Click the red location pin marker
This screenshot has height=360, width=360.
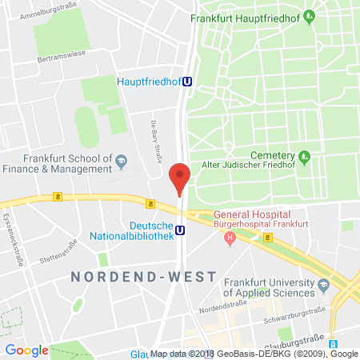click(x=181, y=176)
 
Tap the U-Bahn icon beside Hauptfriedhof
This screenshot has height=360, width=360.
click(x=187, y=80)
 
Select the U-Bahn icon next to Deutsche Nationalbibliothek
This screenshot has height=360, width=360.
click(x=181, y=230)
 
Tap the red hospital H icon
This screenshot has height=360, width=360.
click(x=230, y=237)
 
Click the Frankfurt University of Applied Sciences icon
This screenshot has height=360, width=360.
click(x=324, y=285)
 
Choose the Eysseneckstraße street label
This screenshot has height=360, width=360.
click(x=14, y=241)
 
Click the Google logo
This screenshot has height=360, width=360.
click(x=26, y=350)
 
